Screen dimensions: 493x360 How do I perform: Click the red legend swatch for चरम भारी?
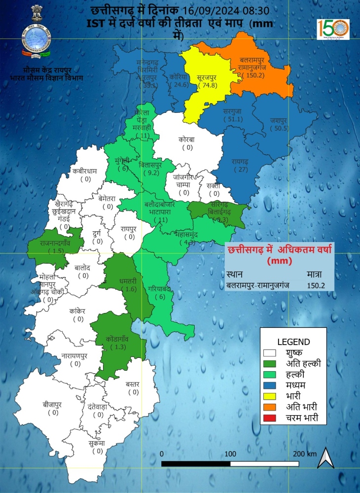point(270,419)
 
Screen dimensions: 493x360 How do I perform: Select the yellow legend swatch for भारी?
point(270,396)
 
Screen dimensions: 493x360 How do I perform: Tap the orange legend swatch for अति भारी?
point(270,407)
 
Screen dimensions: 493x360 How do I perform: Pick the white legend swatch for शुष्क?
point(270,353)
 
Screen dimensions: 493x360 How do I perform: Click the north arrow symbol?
point(325,458)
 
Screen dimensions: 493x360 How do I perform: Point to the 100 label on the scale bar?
point(230,454)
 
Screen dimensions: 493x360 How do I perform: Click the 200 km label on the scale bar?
point(304,454)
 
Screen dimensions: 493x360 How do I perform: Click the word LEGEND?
point(293,341)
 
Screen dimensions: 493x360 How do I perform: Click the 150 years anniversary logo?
point(333,31)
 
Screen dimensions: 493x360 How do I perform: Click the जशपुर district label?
point(279,120)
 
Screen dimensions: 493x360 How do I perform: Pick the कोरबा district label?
point(187,140)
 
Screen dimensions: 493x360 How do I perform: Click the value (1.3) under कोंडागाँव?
point(117,347)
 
